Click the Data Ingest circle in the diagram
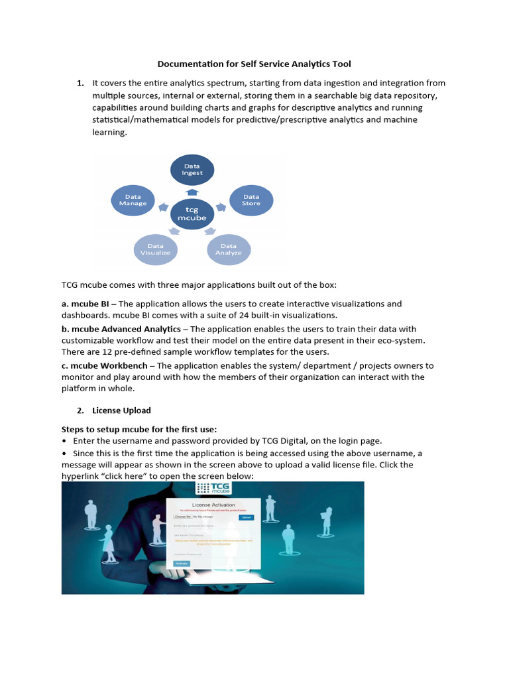click(192, 170)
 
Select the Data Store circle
click(251, 200)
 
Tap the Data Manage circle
click(133, 200)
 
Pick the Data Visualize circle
click(155, 249)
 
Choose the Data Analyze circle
click(229, 249)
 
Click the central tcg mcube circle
click(192, 214)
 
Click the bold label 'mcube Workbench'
click(110, 365)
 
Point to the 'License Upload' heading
click(121, 410)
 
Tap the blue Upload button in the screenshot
click(246, 517)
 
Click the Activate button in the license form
click(181, 563)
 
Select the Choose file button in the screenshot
click(182, 517)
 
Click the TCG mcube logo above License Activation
click(213, 489)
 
